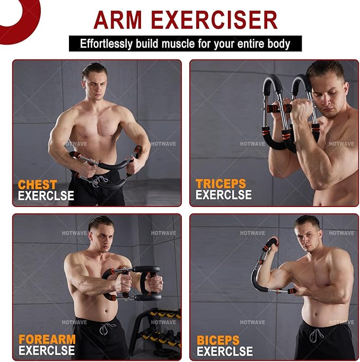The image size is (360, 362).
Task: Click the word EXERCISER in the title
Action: pos(221,20)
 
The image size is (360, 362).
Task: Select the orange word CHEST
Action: pos(38,185)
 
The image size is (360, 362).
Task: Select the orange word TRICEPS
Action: pos(221,184)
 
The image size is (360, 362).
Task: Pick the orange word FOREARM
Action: pos(47,339)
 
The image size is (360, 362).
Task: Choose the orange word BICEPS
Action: pos(218,340)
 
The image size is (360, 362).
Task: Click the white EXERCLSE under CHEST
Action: pos(46,196)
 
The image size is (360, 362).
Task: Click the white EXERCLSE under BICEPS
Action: pos(224,351)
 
